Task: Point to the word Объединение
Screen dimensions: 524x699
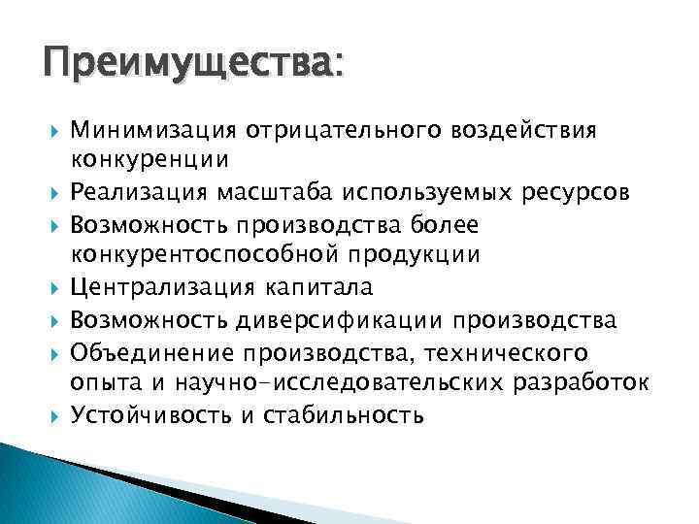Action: (x=150, y=351)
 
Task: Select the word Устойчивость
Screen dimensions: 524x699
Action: (x=150, y=415)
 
